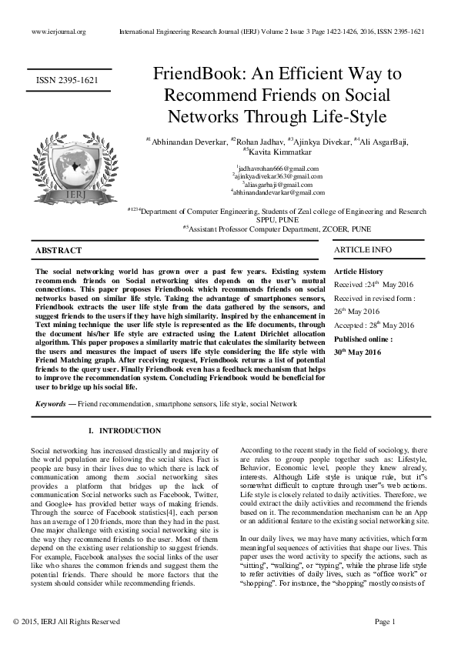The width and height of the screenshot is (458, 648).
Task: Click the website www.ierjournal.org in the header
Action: point(59,32)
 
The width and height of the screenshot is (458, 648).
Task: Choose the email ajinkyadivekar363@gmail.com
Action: point(279,176)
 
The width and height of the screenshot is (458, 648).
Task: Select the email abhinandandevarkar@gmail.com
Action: point(279,193)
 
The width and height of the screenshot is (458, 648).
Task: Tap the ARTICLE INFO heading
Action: point(363,249)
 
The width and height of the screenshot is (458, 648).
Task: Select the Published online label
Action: point(363,339)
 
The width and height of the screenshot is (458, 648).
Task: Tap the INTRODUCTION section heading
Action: point(130,430)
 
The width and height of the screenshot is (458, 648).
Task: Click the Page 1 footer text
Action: point(384,621)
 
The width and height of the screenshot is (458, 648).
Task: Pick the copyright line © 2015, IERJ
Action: point(67,621)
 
